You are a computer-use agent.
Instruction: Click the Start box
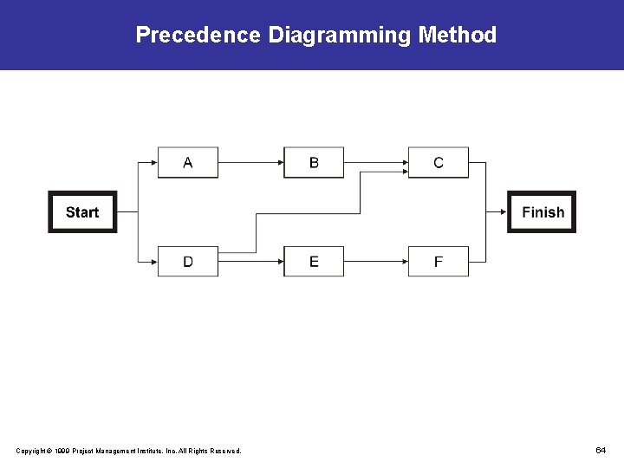[x=82, y=212]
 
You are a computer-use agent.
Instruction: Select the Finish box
[x=542, y=212]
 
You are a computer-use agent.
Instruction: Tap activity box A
[x=188, y=163]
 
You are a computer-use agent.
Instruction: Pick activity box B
[x=314, y=163]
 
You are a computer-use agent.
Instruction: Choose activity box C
[x=439, y=163]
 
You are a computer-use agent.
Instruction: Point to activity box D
[x=188, y=262]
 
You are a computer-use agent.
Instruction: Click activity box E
[x=314, y=262]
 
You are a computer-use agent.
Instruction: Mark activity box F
[x=439, y=262]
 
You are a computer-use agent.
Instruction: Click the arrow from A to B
[x=251, y=162]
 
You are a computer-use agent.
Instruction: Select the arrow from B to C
[x=376, y=162]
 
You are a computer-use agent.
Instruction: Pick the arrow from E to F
[x=376, y=261]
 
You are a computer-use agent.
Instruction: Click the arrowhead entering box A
[x=153, y=162]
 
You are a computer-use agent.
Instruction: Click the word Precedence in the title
[x=198, y=36]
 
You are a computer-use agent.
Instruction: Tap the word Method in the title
[x=458, y=36]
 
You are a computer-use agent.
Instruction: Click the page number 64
[x=600, y=450]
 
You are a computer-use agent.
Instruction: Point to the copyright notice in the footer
[x=129, y=451]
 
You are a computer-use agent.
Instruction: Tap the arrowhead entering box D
[x=153, y=261]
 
